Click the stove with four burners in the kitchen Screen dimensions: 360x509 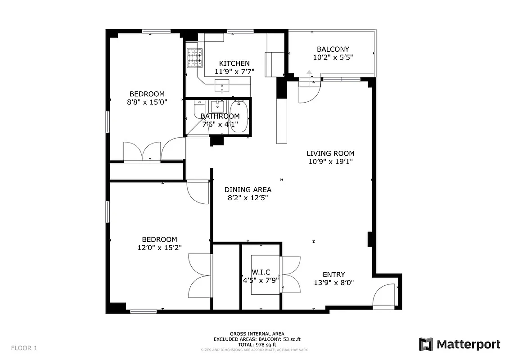[194, 57]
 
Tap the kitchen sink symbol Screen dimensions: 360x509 [222, 84]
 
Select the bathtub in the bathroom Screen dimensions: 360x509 [238, 116]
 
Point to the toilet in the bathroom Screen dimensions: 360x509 [198, 109]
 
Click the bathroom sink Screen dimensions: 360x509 [218, 106]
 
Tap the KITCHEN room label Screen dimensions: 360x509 [234, 63]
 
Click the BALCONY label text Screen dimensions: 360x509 [333, 49]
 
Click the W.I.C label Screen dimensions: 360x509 [261, 272]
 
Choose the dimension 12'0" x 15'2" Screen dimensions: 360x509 [159, 247]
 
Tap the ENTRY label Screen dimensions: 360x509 [333, 274]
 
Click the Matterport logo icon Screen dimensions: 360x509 [426, 344]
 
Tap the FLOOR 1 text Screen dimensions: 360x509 [24, 348]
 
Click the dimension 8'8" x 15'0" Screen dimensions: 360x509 [147, 102]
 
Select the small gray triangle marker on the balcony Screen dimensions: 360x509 [309, 72]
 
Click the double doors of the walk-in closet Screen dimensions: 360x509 [291, 275]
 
